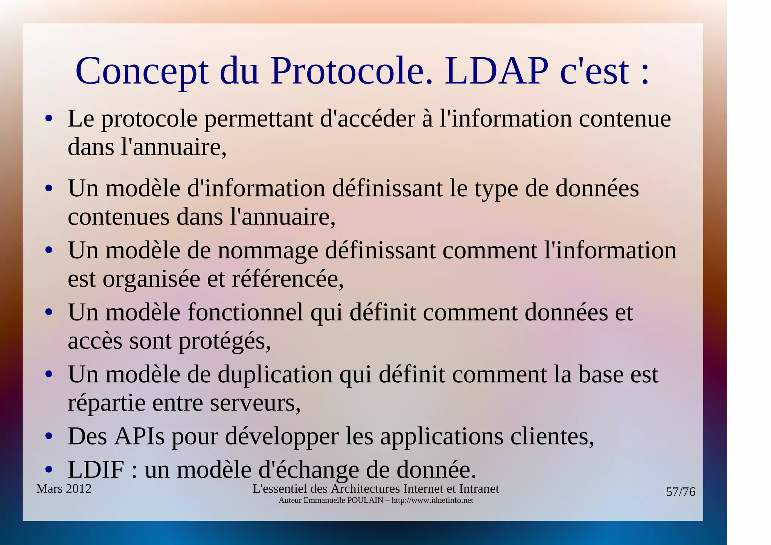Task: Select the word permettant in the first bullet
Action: click(x=259, y=119)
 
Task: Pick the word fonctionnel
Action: click(x=245, y=313)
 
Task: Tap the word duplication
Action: click(x=275, y=374)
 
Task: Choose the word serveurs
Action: click(x=255, y=403)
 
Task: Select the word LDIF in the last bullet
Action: click(x=96, y=469)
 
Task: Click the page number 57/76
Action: click(x=680, y=492)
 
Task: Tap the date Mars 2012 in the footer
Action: click(x=64, y=489)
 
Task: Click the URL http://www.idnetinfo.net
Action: click(x=432, y=501)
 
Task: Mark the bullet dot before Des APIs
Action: click(x=48, y=437)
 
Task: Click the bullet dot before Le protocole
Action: click(x=48, y=119)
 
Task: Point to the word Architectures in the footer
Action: click(x=366, y=489)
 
